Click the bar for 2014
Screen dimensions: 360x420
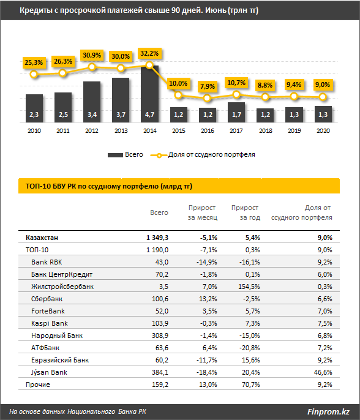pyautogui.click(x=149, y=94)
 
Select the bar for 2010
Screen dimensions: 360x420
pyautogui.click(x=34, y=108)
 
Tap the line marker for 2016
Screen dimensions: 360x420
pyautogui.click(x=207, y=99)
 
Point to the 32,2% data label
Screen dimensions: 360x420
pyautogui.click(x=149, y=54)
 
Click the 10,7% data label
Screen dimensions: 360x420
pyautogui.click(x=236, y=83)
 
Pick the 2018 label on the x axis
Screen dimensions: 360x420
pyautogui.click(x=266, y=131)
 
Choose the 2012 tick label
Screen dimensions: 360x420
pyautogui.click(x=92, y=131)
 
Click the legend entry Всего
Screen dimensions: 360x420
pyautogui.click(x=126, y=155)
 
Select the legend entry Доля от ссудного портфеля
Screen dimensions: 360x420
pyautogui.click(x=203, y=155)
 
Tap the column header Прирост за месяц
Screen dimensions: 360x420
pyautogui.click(x=203, y=212)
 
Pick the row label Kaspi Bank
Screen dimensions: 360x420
pyautogui.click(x=50, y=323)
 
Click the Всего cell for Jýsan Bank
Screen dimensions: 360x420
pyautogui.click(x=160, y=372)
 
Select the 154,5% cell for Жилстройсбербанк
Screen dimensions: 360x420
pyautogui.click(x=249, y=287)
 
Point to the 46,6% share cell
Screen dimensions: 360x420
pyautogui.click(x=323, y=372)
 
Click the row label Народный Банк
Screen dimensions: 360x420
pyautogui.click(x=57, y=336)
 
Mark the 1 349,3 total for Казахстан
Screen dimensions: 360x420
pyautogui.click(x=157, y=238)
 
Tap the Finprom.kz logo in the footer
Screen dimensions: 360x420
pyautogui.click(x=328, y=411)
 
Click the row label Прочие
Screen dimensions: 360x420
pyautogui.click(x=38, y=384)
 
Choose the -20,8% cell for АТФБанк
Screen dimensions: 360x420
pyautogui.click(x=250, y=348)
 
